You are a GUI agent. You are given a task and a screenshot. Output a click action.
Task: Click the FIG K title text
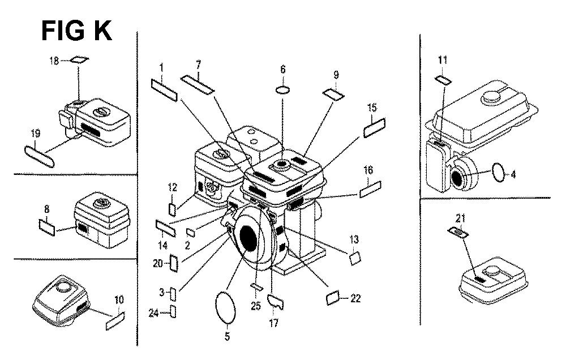pyautogui.click(x=76, y=31)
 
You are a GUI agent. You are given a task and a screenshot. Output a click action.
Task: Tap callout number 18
pyautogui.click(x=54, y=61)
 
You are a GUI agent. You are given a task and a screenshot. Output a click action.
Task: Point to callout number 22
pyautogui.click(x=355, y=298)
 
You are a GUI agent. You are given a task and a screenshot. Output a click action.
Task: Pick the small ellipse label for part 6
pyautogui.click(x=283, y=89)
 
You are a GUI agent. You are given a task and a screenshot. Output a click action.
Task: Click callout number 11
pyautogui.click(x=443, y=60)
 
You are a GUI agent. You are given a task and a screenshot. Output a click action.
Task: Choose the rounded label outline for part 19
pyautogui.click(x=40, y=156)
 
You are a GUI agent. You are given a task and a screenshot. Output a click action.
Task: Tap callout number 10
pyautogui.click(x=119, y=299)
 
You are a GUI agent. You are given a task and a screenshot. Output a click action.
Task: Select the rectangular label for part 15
pyautogui.click(x=374, y=128)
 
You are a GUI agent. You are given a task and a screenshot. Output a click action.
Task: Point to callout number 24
pyautogui.click(x=154, y=313)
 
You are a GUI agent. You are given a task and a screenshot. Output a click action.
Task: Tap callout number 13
pyautogui.click(x=354, y=239)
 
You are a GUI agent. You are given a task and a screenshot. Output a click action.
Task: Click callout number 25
pyautogui.click(x=256, y=306)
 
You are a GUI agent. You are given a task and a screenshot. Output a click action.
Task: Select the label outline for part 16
pyautogui.click(x=370, y=189)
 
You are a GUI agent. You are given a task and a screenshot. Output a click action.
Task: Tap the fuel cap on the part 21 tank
pyautogui.click(x=492, y=269)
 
